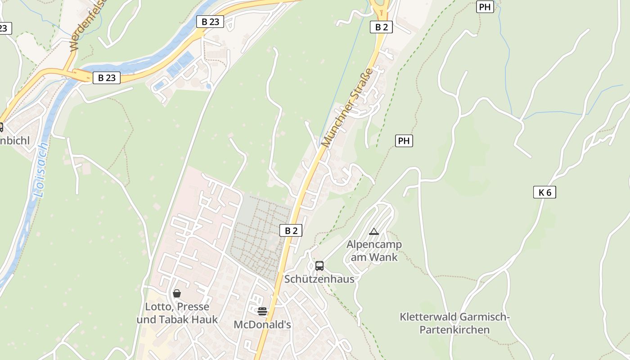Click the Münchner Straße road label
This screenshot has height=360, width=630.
point(347,108)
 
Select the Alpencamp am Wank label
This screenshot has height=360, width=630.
point(374,251)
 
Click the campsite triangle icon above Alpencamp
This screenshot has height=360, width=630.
point(374,232)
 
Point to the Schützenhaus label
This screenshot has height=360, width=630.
point(319,279)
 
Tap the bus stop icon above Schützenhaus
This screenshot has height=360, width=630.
point(319,265)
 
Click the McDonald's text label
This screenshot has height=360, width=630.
point(262,324)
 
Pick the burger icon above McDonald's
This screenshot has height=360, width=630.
point(262,311)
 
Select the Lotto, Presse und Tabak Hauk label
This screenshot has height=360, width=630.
point(177,313)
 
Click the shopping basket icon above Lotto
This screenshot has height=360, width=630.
point(177,293)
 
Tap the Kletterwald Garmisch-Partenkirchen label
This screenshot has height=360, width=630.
point(454,323)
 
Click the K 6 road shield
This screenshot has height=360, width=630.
point(544,193)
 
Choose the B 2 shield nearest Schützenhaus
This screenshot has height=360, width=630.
point(291,231)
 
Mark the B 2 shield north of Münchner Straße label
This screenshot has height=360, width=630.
point(381,27)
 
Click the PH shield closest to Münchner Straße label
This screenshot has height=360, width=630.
point(404,141)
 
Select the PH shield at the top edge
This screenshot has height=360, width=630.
point(485,7)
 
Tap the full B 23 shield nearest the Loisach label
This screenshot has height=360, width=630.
point(107,78)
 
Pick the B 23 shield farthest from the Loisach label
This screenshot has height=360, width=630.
point(210,21)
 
